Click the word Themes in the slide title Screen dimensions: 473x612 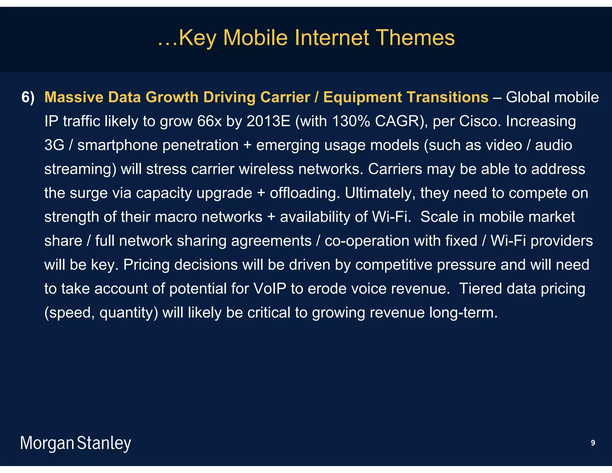tap(416, 38)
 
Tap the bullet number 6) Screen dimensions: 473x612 tap(28, 97)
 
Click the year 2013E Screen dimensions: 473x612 tap(268, 121)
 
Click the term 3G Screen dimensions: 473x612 tap(54, 145)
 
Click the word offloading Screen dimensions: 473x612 tap(305, 193)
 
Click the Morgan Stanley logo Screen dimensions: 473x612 tap(75, 443)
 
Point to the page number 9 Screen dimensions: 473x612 tap(593, 443)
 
